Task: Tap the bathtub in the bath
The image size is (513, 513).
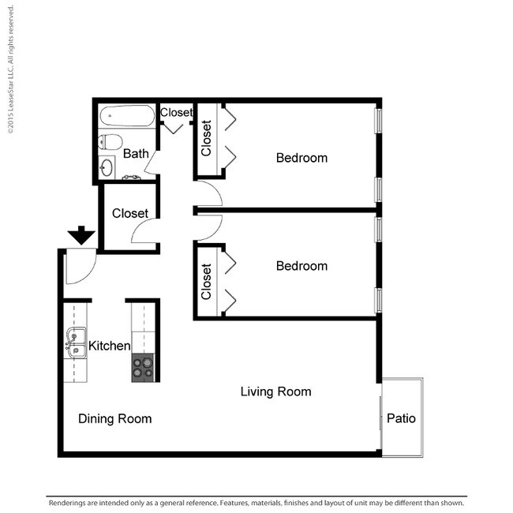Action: pos(128,118)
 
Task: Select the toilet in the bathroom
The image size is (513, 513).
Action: pos(110,143)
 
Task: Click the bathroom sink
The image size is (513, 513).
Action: pos(107,167)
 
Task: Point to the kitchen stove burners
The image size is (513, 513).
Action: pos(144,367)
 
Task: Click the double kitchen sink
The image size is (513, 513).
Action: pos(75,345)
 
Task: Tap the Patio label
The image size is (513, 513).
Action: pos(401,418)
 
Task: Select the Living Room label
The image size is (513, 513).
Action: pos(275,391)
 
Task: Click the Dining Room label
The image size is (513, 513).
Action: pos(114,418)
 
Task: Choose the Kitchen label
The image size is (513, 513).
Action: pos(109,346)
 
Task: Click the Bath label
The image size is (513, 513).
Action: pos(135,154)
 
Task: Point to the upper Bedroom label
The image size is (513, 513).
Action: pos(301,158)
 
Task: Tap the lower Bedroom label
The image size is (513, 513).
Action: pos(301,266)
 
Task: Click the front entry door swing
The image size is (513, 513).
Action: pos(79,267)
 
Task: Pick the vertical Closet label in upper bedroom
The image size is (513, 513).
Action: pos(207,138)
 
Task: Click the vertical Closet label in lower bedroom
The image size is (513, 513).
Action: pos(207,281)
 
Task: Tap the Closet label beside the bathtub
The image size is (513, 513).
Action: pos(176,113)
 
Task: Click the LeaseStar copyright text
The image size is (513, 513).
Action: pos(11,71)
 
